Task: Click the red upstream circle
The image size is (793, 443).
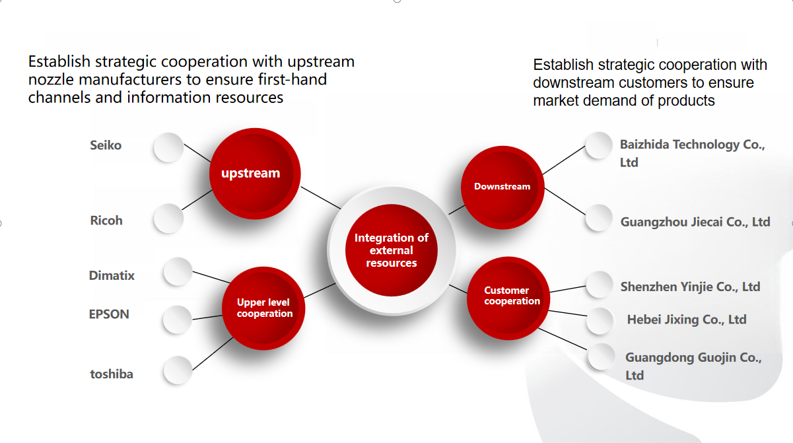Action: point(255,174)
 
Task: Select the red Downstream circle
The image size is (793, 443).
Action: point(502,187)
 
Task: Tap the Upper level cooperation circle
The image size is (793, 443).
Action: point(263,308)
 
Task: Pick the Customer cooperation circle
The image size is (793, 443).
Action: point(508,298)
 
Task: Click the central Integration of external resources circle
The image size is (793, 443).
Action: point(392,250)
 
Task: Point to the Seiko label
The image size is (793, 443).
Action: point(106,145)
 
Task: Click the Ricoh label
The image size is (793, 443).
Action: point(106,221)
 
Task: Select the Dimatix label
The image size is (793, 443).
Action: point(112,275)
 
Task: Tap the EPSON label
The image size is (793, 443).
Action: point(109,314)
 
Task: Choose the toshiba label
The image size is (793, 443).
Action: point(112,374)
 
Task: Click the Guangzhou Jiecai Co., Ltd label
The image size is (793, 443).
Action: point(695,222)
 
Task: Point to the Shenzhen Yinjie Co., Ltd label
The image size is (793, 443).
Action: point(691,287)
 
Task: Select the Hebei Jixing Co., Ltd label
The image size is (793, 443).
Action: point(687,320)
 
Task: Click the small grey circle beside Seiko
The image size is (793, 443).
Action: point(168,147)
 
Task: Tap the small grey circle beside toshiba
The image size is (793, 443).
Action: point(178,370)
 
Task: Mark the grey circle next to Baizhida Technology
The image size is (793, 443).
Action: point(599,145)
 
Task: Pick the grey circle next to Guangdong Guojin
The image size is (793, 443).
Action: point(601,357)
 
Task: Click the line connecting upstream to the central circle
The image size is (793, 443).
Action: point(321,197)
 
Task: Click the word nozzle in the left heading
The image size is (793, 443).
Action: point(51,80)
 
